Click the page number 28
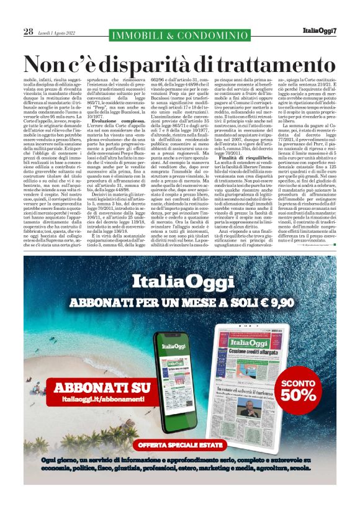(x=28, y=31)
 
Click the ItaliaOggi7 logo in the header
(x=320, y=30)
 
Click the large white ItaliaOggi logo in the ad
(x=179, y=286)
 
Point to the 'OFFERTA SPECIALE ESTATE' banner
(x=180, y=444)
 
